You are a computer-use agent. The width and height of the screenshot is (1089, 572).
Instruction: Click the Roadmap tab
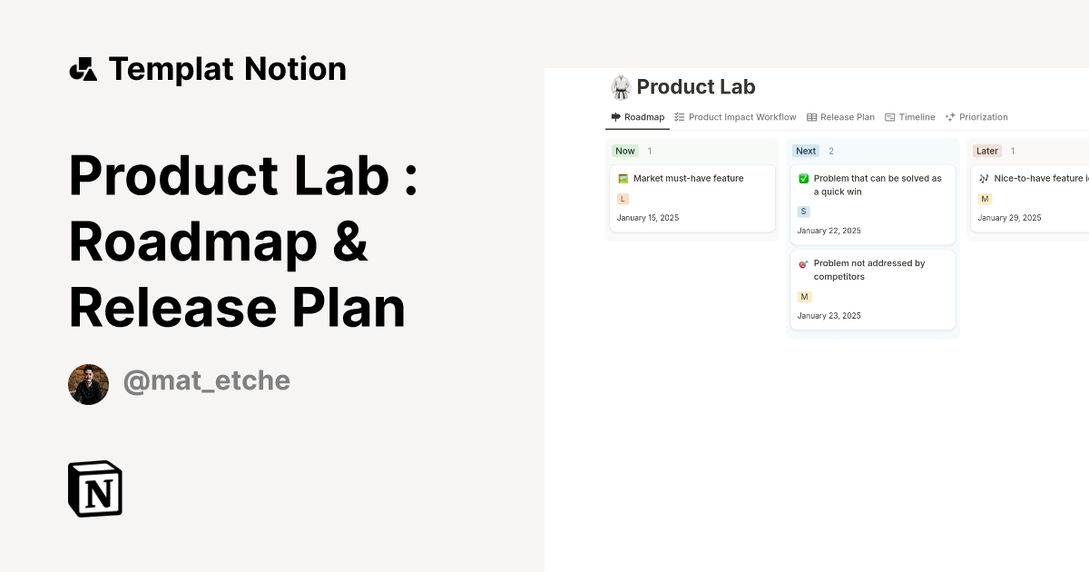(x=638, y=117)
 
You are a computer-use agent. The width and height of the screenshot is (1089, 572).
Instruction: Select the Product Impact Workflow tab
(x=736, y=117)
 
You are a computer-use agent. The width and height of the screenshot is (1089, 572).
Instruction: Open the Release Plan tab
(x=841, y=117)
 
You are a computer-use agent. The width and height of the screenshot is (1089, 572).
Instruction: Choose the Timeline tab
(x=910, y=117)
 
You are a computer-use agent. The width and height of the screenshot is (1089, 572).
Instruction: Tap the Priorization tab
(x=977, y=117)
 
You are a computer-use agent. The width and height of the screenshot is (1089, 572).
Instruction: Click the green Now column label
(x=625, y=151)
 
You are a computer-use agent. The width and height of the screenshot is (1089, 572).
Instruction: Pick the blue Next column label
(x=806, y=151)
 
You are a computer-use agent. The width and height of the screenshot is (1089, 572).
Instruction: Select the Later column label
(x=986, y=151)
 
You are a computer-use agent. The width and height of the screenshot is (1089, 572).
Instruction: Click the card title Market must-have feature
(x=688, y=179)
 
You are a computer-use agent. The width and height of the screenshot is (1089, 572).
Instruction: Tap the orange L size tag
(x=623, y=199)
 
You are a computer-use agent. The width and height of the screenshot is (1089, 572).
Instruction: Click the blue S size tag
(x=803, y=212)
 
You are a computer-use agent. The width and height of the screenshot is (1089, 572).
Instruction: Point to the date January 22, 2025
(x=829, y=231)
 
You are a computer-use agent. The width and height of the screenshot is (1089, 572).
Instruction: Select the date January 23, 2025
(x=829, y=316)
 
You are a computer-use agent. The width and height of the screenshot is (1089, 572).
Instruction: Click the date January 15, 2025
(x=648, y=218)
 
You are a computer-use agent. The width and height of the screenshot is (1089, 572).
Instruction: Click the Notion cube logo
(x=95, y=488)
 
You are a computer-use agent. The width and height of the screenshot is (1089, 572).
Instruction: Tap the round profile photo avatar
(x=88, y=384)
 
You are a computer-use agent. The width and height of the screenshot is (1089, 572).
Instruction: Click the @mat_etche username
(x=206, y=381)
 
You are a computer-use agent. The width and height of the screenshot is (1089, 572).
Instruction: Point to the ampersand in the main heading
(x=349, y=242)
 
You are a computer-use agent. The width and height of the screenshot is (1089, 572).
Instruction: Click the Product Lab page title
(x=695, y=87)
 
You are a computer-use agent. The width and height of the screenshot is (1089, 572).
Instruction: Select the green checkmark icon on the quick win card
(x=803, y=179)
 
